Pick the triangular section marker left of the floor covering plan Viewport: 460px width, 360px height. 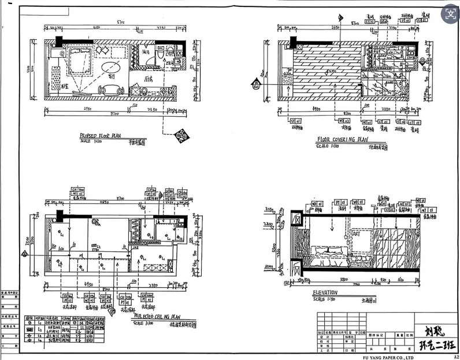coord(254,85)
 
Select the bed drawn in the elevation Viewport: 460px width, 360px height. coord(328,255)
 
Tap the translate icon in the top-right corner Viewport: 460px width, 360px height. coord(449,12)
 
